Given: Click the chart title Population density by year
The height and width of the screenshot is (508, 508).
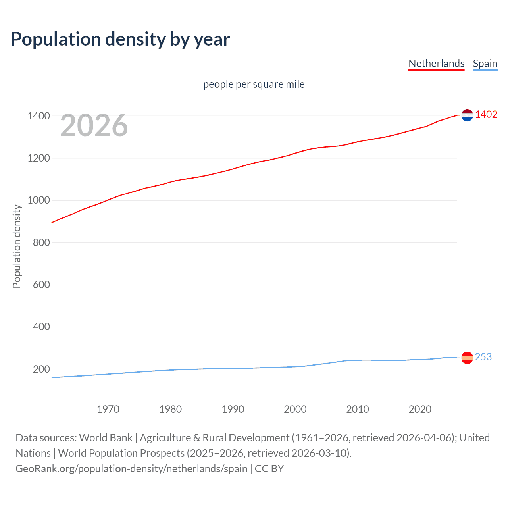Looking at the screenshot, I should [x=120, y=39].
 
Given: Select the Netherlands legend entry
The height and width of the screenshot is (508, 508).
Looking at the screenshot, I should [x=436, y=63].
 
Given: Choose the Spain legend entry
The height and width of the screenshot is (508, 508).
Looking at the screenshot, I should [x=485, y=63].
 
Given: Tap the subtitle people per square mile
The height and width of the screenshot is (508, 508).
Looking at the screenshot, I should [x=254, y=84].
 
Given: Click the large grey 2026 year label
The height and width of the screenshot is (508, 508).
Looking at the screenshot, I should [x=94, y=125].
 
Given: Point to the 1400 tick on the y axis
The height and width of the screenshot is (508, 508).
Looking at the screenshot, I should [x=38, y=116].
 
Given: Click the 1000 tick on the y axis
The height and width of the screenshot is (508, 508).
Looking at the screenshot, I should [x=38, y=200].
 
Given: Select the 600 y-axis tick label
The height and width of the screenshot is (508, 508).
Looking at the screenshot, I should [x=41, y=285].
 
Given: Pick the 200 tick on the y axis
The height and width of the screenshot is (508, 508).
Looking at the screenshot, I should [x=41, y=369].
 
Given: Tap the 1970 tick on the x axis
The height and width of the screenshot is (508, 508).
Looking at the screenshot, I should [x=108, y=409].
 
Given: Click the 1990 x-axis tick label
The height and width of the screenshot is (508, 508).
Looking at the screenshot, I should [x=233, y=409].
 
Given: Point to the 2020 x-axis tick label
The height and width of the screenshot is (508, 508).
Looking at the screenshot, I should [x=420, y=409].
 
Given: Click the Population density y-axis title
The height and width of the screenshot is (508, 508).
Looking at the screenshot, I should [x=17, y=246].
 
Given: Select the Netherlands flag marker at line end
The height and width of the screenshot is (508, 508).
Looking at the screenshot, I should [x=467, y=115].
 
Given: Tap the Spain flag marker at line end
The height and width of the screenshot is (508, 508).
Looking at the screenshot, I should [x=467, y=358].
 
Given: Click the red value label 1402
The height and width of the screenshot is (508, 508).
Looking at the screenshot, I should [x=486, y=115].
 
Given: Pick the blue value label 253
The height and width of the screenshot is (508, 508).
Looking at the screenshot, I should [x=483, y=357].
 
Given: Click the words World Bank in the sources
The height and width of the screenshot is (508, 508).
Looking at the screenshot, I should [x=106, y=438].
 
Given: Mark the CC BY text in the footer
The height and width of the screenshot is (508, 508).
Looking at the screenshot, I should [x=269, y=469].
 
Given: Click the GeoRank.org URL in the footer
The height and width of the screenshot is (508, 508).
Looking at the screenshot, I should [x=131, y=469].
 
